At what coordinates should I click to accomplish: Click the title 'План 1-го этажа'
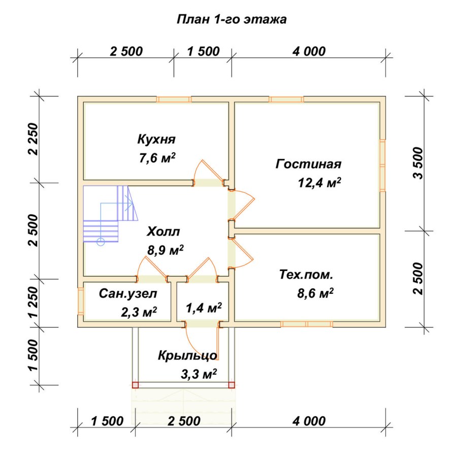232,20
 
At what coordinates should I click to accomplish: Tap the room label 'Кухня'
156,140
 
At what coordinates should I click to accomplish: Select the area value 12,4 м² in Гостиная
319,183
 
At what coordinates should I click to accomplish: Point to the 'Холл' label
163,231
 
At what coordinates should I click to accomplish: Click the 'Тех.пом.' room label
306,275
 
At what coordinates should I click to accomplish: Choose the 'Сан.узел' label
128,293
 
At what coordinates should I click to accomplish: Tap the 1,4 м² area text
204,308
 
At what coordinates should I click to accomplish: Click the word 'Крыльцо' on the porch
188,355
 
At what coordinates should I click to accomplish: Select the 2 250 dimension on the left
34,139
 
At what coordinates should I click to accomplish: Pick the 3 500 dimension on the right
418,163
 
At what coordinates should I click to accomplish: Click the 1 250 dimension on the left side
34,302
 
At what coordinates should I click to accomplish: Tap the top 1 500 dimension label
204,51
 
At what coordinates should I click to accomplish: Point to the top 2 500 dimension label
126,51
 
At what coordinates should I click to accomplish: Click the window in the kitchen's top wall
174,99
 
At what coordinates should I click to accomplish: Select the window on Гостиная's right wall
383,165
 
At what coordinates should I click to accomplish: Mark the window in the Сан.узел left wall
81,301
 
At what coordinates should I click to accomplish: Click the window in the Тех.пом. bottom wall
307,324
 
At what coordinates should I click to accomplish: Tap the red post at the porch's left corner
135,385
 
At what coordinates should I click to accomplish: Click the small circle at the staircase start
101,242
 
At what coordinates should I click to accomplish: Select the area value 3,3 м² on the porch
199,374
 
